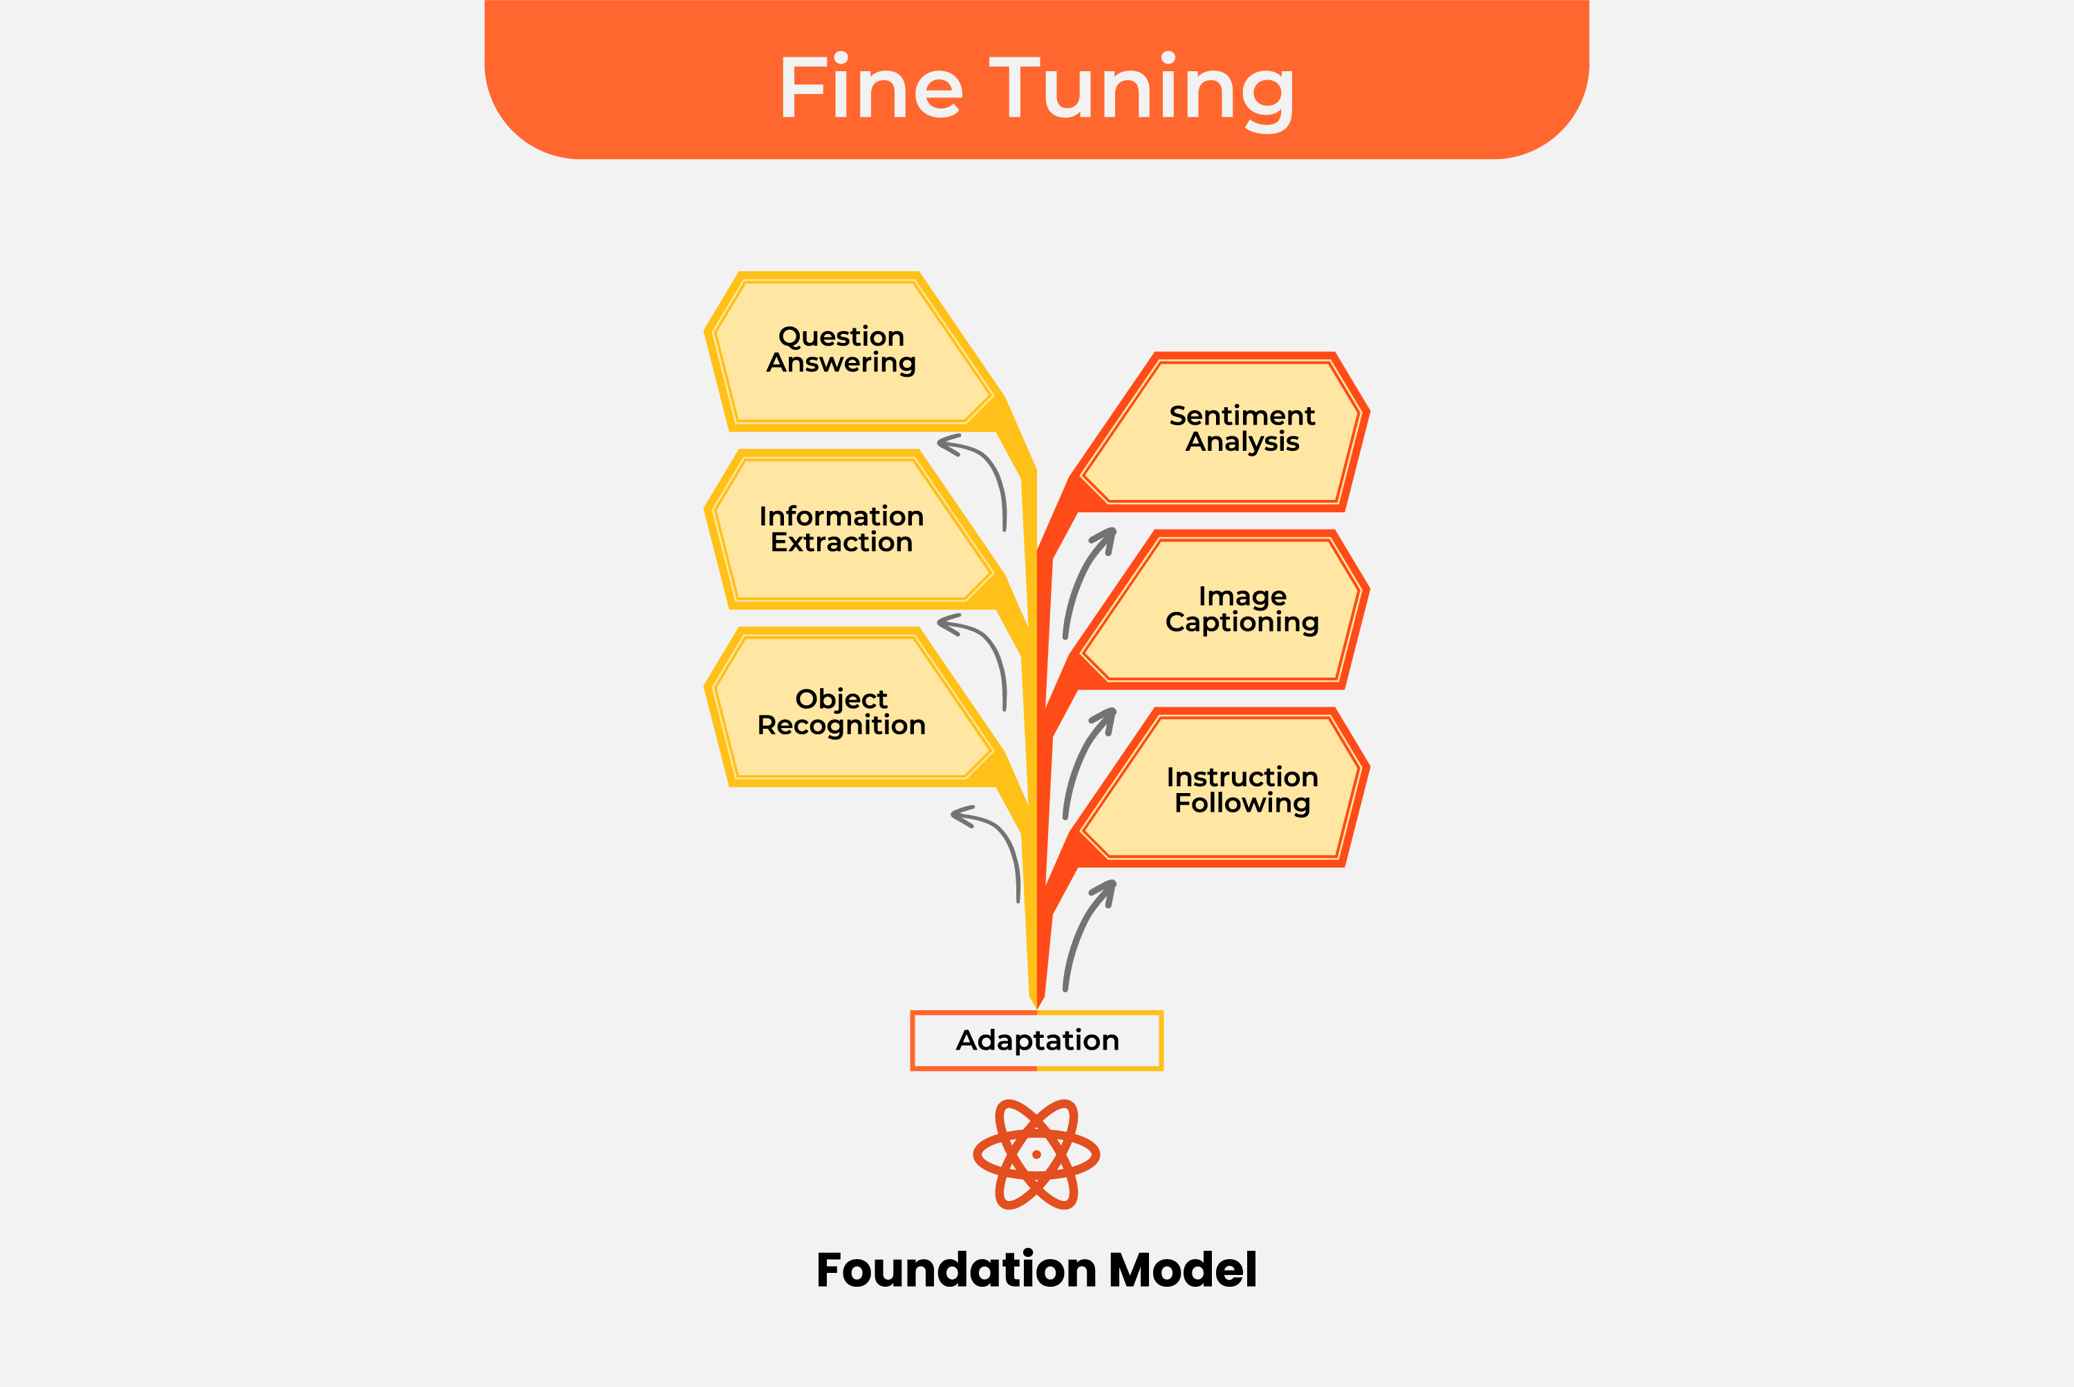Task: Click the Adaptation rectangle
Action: (x=1036, y=1040)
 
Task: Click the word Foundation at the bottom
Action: (x=957, y=1270)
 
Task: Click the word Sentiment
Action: (x=1242, y=415)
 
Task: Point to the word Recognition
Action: (x=841, y=725)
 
